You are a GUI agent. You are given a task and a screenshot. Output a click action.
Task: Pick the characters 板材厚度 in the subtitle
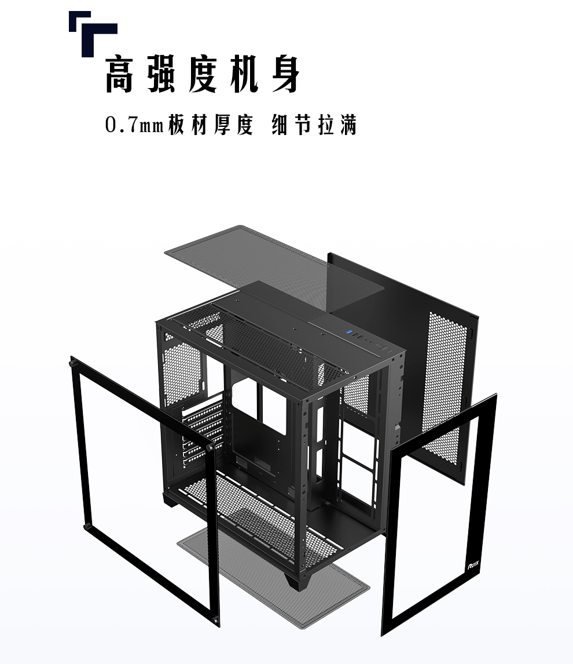coord(211,125)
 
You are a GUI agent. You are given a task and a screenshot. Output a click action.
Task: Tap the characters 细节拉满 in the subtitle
coord(314,125)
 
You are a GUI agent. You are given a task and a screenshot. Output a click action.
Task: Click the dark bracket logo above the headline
coord(92,32)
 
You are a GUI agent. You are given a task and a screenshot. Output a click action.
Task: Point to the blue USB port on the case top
coord(349,332)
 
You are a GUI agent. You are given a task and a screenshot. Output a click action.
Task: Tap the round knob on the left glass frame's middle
coord(210,447)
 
